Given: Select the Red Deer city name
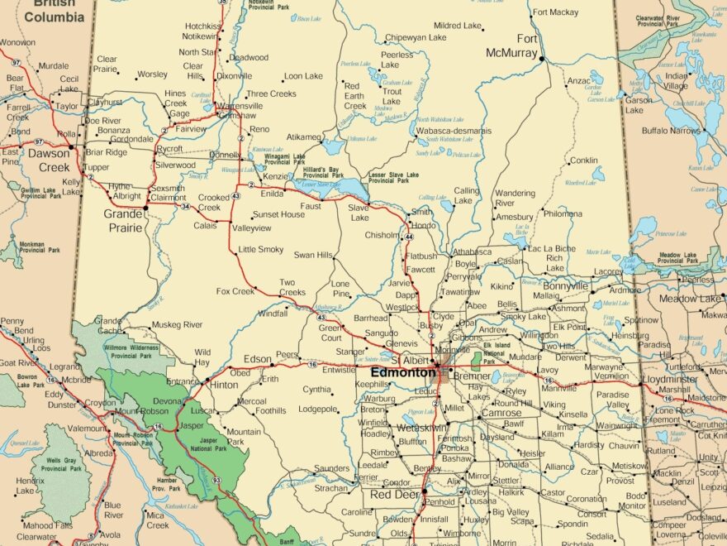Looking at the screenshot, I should click(x=395, y=495).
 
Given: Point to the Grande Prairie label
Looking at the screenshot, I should click(x=124, y=219).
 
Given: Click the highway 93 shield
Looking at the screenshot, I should click(x=216, y=480).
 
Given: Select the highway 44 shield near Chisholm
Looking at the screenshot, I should click(x=408, y=237).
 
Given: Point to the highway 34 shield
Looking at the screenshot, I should click(x=185, y=206).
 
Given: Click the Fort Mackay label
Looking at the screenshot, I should click(x=556, y=12).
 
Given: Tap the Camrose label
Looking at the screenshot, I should click(x=501, y=413).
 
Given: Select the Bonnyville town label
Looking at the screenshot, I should click(x=565, y=285).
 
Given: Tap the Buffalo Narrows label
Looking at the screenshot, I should click(x=672, y=131).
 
